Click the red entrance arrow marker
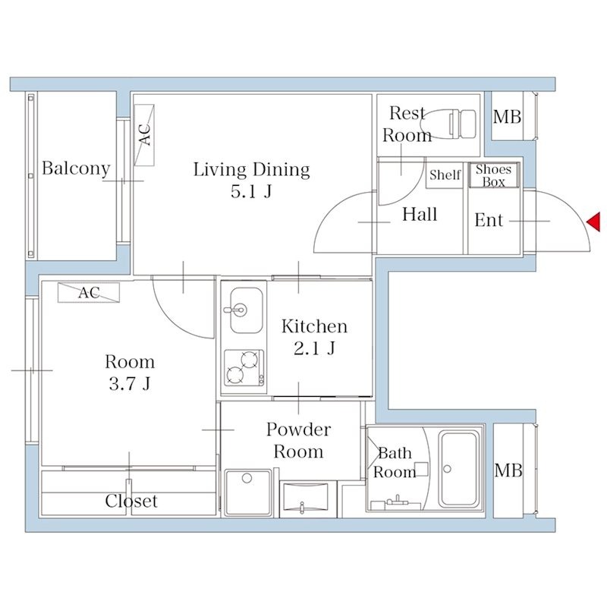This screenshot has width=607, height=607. [594, 222]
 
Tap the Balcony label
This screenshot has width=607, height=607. [77, 168]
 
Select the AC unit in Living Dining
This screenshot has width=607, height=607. [144, 135]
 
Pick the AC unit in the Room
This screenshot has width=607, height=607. [89, 293]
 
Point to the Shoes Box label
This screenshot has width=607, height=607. [494, 175]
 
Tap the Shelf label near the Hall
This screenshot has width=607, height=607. [445, 175]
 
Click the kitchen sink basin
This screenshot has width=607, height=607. [246, 310]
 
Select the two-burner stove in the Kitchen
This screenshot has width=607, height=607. [244, 368]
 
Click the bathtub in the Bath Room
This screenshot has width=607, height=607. [459, 469]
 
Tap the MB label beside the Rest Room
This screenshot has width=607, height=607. [507, 117]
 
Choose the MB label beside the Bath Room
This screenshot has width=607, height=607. [508, 470]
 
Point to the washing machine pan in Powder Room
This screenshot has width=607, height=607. [248, 492]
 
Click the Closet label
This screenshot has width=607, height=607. [131, 501]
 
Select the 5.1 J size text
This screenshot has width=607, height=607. [252, 192]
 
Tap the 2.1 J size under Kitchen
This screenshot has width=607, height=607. [314, 348]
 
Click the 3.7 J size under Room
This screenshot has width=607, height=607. [130, 384]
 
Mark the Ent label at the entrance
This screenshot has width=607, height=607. [489, 220]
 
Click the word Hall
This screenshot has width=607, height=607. [420, 215]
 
